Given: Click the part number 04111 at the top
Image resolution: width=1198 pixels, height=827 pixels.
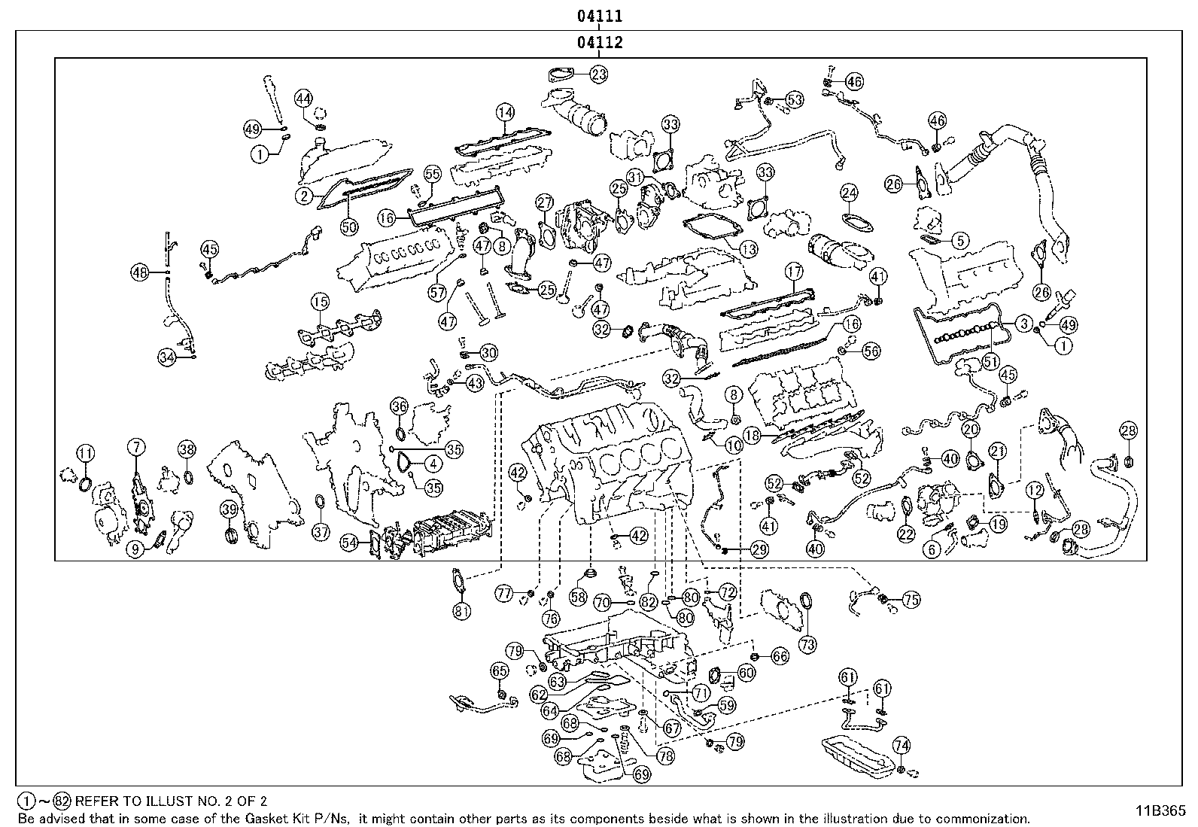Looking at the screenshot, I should coord(600,16).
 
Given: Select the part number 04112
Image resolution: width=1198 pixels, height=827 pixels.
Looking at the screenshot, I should coord(600,43).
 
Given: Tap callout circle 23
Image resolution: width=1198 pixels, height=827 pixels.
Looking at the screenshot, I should coord(598,74).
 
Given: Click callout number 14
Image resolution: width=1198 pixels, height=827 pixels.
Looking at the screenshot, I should coord(504,112).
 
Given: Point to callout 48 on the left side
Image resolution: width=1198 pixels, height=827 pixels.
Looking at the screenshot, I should coord(139,273).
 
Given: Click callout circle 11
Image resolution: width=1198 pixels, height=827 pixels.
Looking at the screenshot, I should coord(86,453).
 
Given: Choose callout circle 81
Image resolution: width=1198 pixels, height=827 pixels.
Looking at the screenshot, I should coord(461,611).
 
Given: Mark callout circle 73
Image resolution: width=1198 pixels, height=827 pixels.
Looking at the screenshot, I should coord(807,644).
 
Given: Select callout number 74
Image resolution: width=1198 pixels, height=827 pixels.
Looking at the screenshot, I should coord(902,745).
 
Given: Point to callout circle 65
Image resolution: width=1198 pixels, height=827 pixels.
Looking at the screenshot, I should coord(500,670).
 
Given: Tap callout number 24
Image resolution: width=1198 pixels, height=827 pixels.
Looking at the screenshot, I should coord(849,193).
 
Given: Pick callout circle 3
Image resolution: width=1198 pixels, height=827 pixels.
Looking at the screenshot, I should coord(1023,324).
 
